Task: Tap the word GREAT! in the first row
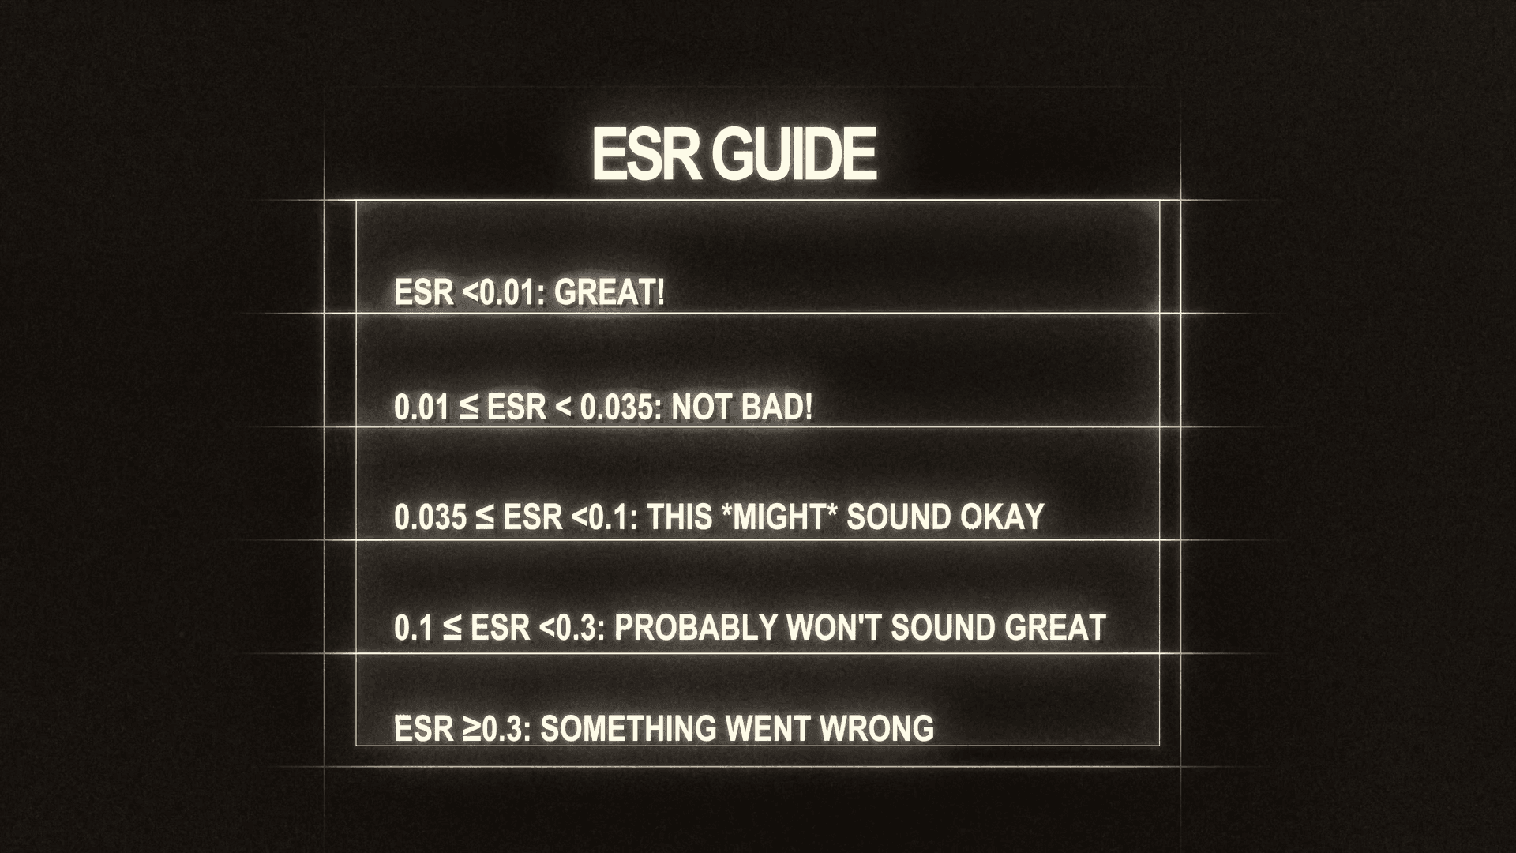[609, 293]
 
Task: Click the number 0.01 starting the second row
[420, 408]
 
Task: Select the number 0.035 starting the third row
[430, 517]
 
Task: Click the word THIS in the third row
[680, 517]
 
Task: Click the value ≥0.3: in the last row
[497, 728]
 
